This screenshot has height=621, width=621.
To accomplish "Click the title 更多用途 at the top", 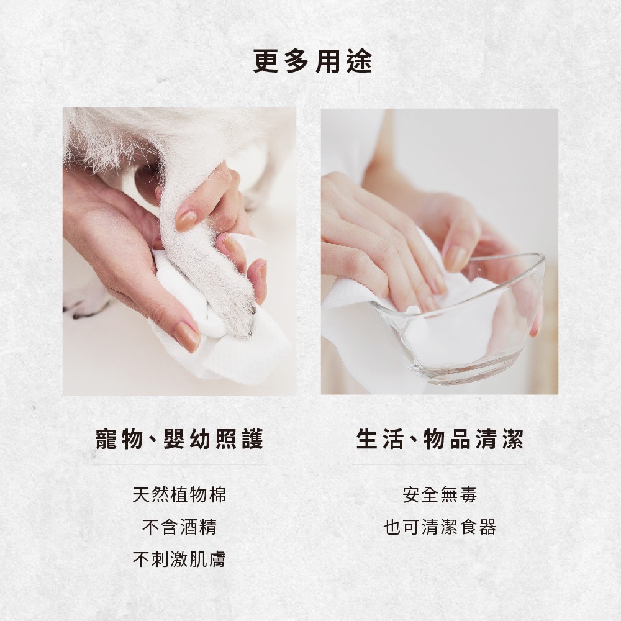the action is point(312,62).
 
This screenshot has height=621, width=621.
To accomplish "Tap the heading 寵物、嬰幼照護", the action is point(179,439).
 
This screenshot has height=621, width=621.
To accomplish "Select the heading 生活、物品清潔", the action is point(440,439).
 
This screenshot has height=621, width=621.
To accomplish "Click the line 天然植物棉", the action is point(179,495).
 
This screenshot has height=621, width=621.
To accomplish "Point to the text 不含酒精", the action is point(179,527).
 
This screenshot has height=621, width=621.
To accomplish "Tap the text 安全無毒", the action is point(440,495).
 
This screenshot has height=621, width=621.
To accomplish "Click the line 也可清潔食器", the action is point(440,527).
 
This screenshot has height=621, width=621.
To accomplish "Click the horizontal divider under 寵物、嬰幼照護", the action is point(179,464).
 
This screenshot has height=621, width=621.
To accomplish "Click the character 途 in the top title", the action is point(359,62).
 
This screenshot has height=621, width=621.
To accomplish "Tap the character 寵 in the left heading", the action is point(107,439).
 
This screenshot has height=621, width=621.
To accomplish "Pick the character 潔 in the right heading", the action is point(512,439).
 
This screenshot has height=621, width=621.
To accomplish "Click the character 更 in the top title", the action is point(266,62).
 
